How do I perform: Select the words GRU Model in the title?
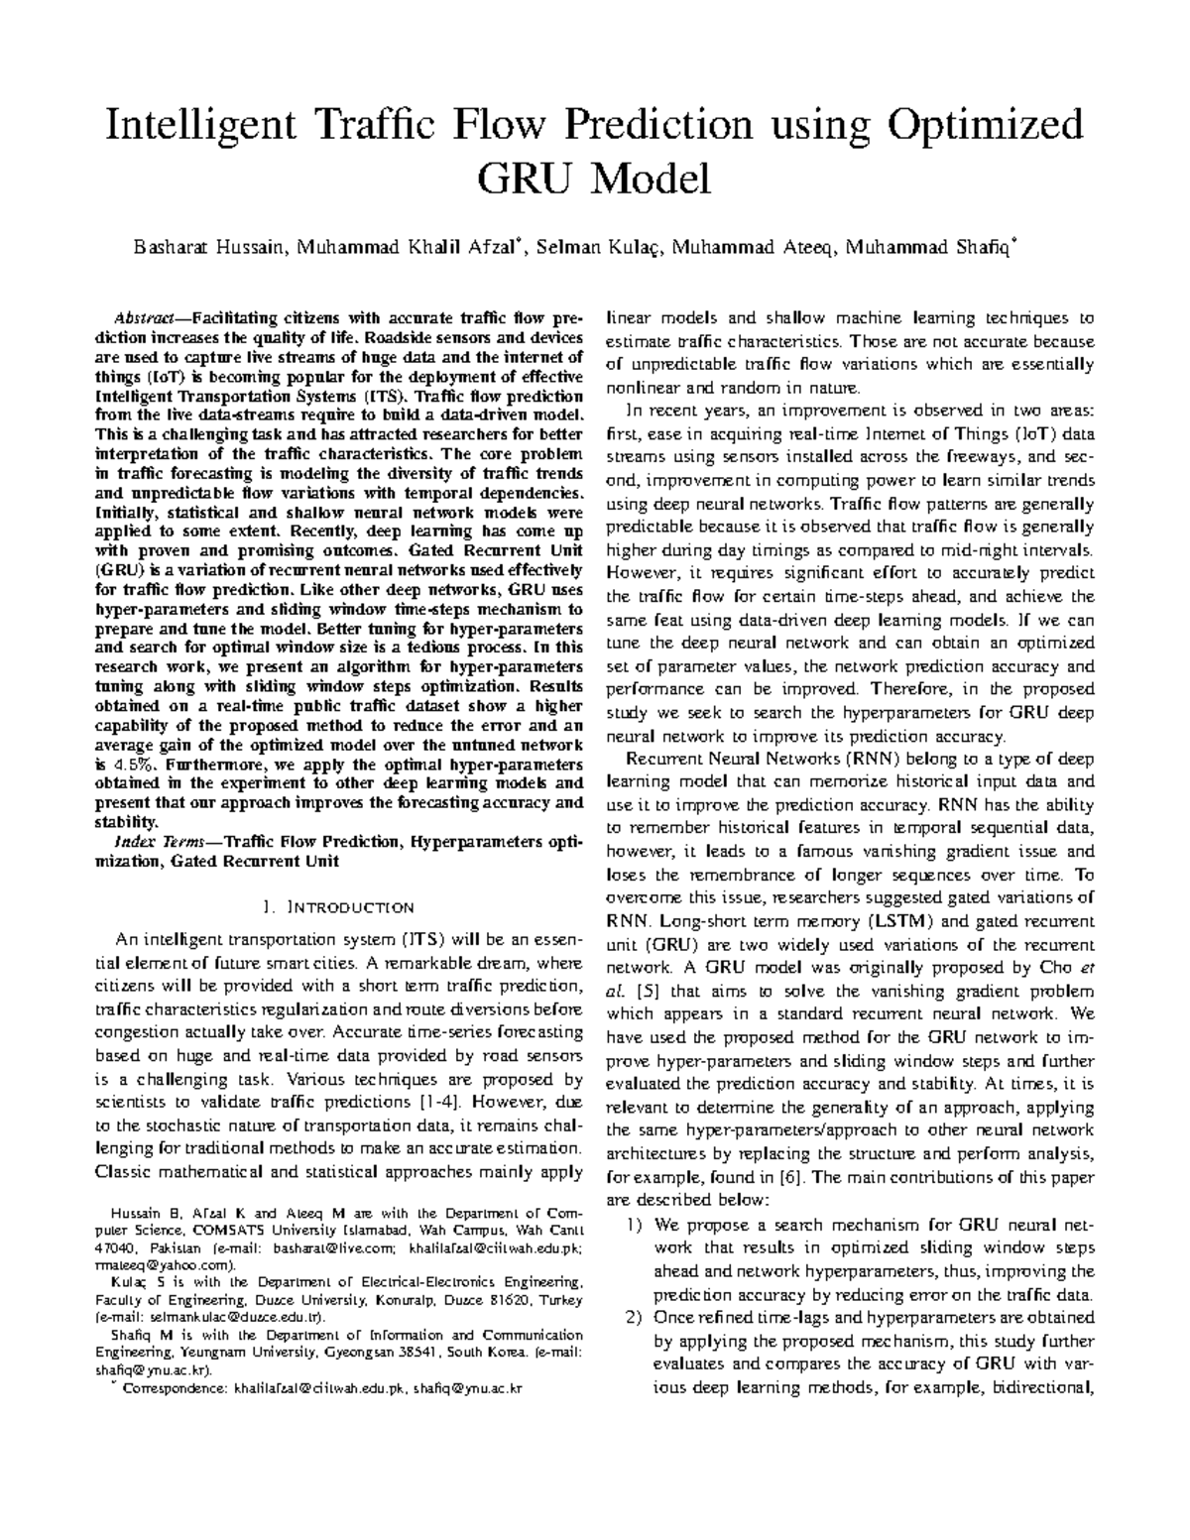(594, 180)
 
